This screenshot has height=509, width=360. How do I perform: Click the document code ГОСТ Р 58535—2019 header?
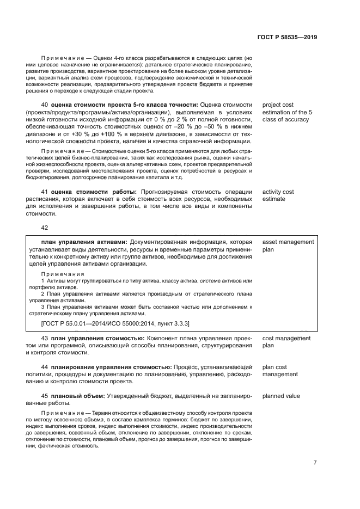tap(287, 38)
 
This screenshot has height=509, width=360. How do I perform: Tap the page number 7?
tap(315, 463)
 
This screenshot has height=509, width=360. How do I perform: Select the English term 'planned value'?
tap(281, 396)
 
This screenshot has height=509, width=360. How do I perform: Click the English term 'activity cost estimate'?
tap(278, 195)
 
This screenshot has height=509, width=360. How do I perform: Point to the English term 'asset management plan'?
tap(288, 246)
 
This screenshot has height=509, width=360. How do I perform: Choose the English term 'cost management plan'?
tap(286, 342)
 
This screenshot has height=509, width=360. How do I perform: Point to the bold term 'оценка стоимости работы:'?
tap(95, 192)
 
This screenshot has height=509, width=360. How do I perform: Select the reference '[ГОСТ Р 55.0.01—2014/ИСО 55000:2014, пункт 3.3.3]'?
tap(115, 323)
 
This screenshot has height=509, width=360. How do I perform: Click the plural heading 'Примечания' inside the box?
tap(63, 274)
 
